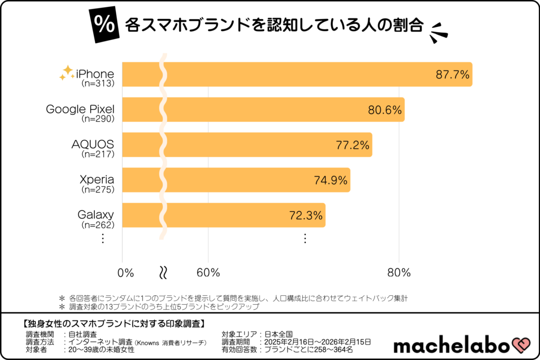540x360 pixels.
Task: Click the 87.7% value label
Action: tap(452, 75)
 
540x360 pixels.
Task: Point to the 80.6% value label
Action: tap(385, 110)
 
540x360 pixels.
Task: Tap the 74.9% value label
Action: tap(331, 180)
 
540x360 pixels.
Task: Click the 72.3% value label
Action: tap(306, 216)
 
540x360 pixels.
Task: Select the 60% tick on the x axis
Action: tap(208, 273)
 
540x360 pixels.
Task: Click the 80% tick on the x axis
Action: tap(399, 273)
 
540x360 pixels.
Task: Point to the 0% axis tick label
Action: tap(126, 273)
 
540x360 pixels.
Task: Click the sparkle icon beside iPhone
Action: tap(66, 73)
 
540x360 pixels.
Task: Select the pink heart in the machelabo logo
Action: tap(519, 345)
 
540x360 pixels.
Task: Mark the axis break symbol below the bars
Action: tap(163, 273)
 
